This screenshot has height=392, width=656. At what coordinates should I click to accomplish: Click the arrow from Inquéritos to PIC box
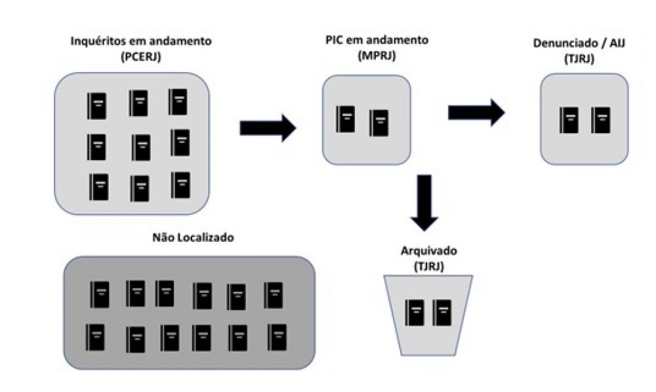pos(268,127)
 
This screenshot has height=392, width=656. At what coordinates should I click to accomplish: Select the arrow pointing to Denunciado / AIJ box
pos(476,112)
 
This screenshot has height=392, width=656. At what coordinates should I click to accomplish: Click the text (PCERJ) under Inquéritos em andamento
pos(141,56)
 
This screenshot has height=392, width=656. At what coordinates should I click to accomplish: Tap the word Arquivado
pos(428,251)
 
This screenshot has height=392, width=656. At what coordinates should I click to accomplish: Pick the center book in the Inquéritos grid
pos(140,147)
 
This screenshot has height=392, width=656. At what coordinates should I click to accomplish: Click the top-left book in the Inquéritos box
pos(96,106)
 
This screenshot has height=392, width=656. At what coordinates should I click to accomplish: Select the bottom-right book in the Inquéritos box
pos(180,185)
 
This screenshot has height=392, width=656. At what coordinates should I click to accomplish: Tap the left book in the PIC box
pos(345,119)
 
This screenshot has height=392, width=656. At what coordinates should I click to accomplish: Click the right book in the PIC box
pos(379,123)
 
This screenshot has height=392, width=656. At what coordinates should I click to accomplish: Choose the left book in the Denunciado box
pos(569,120)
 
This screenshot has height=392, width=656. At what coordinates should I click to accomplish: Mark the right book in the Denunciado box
pos(601,120)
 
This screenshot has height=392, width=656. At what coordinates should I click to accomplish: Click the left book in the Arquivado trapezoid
pos(415,313)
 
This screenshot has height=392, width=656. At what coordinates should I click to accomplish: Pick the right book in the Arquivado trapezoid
pos(443,313)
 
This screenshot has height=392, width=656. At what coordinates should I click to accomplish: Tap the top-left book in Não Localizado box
pos(100,294)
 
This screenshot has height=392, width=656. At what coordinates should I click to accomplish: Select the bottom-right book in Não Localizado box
pos(277,337)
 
